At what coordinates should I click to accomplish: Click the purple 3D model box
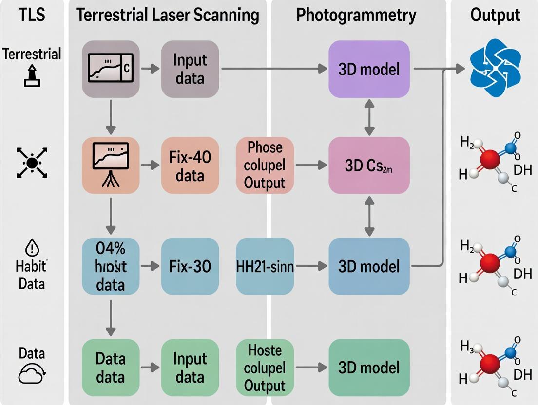point(369,69)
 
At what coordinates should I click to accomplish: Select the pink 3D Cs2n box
point(369,166)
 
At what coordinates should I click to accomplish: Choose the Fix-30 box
point(190,266)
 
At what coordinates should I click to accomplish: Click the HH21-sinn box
point(265,266)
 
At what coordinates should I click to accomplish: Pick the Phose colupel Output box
point(265,166)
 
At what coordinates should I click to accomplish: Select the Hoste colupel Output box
point(265,368)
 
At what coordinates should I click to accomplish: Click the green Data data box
point(111,368)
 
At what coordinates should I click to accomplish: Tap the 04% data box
point(111,266)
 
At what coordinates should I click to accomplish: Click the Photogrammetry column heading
point(356,16)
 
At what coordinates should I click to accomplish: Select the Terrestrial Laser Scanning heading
point(168,16)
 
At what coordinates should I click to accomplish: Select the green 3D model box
point(369,368)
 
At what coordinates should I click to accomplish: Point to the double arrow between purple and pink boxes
point(369,116)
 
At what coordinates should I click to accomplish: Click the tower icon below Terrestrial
point(31,77)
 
